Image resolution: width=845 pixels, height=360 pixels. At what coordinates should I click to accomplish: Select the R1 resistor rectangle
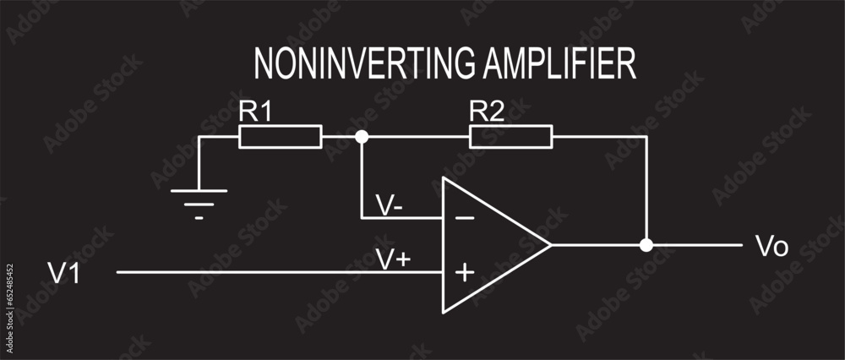click(x=281, y=136)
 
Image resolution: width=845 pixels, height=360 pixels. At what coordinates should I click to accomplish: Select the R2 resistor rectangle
click(x=510, y=136)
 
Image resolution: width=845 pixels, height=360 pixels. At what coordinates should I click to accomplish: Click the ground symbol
click(x=199, y=196)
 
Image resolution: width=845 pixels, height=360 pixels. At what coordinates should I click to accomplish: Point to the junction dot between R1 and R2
click(x=362, y=136)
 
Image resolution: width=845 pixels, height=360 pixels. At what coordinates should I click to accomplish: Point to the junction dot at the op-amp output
click(x=646, y=245)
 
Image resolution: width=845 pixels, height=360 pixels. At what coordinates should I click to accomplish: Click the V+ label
click(x=393, y=259)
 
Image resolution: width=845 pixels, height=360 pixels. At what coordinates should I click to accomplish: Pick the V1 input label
click(x=63, y=273)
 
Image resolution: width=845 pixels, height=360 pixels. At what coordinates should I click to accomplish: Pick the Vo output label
click(x=771, y=247)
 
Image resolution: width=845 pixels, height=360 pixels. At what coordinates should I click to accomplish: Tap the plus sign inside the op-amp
click(x=464, y=272)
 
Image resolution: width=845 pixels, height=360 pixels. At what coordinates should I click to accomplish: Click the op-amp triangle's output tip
click(x=550, y=245)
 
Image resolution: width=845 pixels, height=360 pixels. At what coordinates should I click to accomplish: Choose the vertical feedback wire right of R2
click(x=646, y=190)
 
